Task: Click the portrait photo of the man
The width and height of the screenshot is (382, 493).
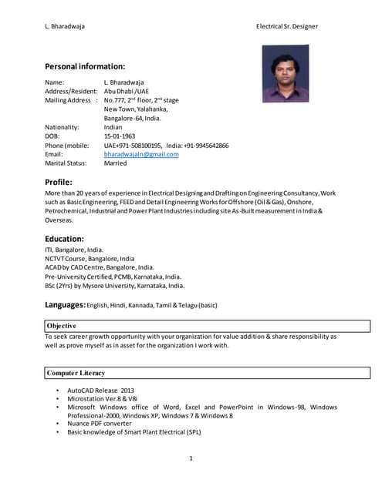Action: [286, 73]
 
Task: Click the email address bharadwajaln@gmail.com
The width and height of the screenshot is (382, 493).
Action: [141, 154]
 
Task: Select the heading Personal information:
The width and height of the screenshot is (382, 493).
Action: [85, 66]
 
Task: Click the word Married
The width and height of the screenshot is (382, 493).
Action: [116, 163]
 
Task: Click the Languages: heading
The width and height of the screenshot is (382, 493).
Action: [66, 305]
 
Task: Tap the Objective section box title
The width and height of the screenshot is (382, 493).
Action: [61, 326]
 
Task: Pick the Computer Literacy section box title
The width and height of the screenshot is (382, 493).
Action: [76, 373]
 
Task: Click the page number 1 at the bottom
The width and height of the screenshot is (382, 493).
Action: [191, 459]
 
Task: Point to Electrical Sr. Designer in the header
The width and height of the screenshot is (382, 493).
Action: [287, 26]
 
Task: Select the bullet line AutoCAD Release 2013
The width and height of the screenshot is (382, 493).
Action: [100, 391]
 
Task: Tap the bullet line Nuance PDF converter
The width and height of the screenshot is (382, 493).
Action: [100, 424]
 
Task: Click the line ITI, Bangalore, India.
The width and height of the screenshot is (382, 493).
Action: [74, 250]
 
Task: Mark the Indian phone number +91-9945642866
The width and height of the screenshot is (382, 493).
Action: [198, 145]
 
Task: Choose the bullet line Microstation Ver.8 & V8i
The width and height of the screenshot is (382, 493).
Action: [104, 399]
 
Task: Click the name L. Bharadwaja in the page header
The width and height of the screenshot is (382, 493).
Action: [65, 26]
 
